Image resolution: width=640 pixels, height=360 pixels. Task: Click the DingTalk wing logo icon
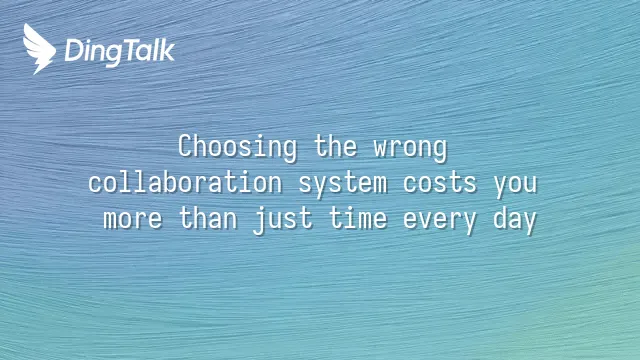(39, 49)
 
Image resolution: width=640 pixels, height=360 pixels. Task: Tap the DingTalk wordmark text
(120, 52)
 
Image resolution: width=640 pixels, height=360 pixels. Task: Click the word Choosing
(238, 147)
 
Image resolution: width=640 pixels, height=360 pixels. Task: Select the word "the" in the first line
(336, 146)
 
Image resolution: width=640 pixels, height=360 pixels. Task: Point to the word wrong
(410, 149)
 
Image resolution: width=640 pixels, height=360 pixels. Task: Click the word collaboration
(185, 182)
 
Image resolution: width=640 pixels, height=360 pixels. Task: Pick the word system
(343, 184)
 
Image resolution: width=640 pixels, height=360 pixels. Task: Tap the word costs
(440, 183)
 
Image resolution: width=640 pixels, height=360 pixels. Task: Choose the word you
(515, 186)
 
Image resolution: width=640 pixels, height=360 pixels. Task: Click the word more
(133, 220)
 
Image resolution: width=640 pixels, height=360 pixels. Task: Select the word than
(208, 218)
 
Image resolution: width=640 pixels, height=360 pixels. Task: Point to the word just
(283, 220)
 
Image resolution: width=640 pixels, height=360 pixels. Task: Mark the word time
(358, 218)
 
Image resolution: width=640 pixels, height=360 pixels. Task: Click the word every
(440, 222)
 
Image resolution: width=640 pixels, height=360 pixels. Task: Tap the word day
(515, 221)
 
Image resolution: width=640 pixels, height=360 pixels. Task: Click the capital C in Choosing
(185, 146)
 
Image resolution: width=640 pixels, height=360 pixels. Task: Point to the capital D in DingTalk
(74, 50)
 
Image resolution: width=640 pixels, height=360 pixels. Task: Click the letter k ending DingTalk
(167, 50)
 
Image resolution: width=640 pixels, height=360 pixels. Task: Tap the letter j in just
(260, 221)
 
